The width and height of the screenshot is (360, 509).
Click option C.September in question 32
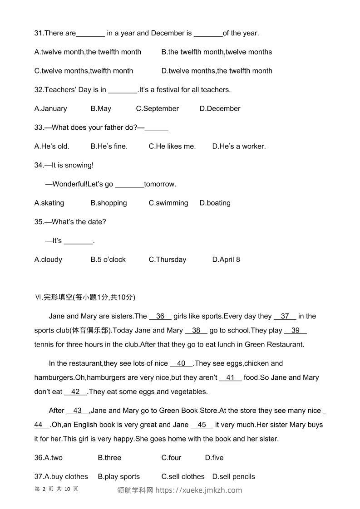tap(157, 108)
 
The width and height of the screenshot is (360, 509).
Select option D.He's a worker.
tap(239, 146)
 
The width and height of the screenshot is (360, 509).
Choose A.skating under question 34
tap(49, 203)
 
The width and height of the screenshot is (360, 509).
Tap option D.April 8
tap(226, 259)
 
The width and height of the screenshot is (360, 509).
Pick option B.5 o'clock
tap(108, 259)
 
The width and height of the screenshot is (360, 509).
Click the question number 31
tap(39, 33)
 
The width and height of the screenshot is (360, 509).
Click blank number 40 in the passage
tap(181, 363)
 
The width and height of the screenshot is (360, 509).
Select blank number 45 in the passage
tap(202, 425)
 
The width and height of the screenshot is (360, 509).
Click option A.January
tap(50, 108)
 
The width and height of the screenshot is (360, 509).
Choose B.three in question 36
tap(109, 458)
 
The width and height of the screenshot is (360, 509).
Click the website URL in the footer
tap(199, 490)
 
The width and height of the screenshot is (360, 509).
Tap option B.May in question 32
tap(101, 108)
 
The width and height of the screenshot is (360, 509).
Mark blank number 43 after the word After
tap(78, 411)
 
